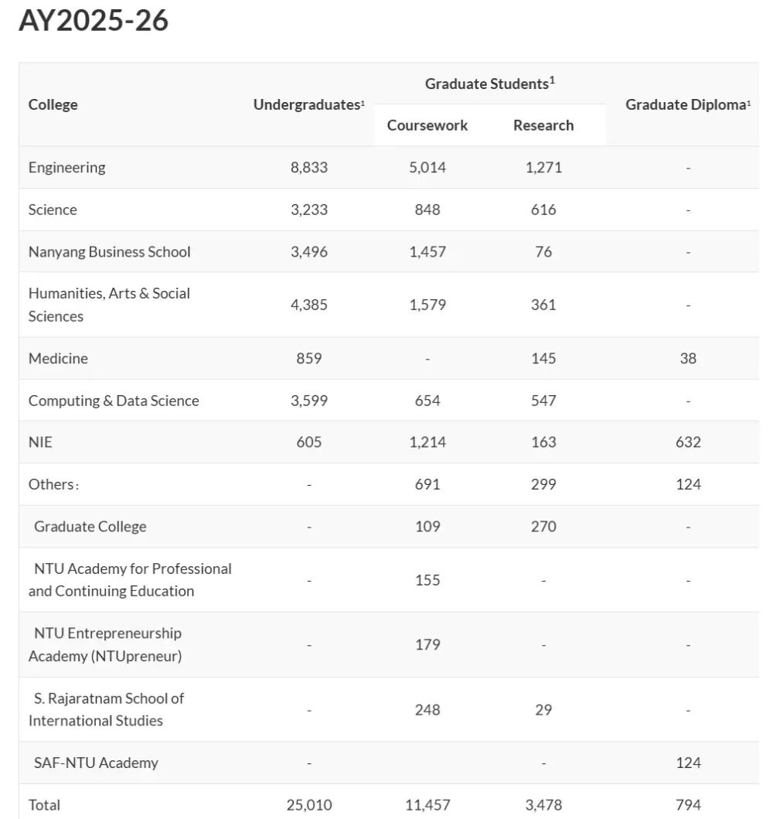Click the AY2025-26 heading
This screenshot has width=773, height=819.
pos(94,21)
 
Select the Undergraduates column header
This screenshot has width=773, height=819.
pos(308,104)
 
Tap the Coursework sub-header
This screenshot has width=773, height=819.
pos(427,125)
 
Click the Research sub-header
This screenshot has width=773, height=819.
pos(543,125)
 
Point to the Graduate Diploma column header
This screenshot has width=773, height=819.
pos(687,104)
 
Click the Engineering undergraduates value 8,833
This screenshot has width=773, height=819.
pos(309,167)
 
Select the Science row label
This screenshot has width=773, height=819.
pos(53,210)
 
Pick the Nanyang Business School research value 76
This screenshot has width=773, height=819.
pos(543,251)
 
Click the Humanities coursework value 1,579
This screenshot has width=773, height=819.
pos(427,305)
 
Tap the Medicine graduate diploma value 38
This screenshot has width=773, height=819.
pos(688,358)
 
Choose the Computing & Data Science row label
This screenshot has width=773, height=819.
pos(114,401)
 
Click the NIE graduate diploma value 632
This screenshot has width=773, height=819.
pos(688,442)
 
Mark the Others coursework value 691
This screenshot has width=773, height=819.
pos(427,484)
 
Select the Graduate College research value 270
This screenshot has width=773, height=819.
pos(543,526)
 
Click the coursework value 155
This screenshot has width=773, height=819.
pos(427,580)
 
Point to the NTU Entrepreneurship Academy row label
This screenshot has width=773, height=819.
pos(106,644)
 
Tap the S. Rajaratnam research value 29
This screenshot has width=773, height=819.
pos(543,709)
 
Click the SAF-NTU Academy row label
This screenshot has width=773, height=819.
pos(96,763)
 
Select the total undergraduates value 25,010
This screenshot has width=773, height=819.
pos(309,804)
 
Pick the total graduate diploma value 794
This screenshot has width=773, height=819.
pos(688,804)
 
